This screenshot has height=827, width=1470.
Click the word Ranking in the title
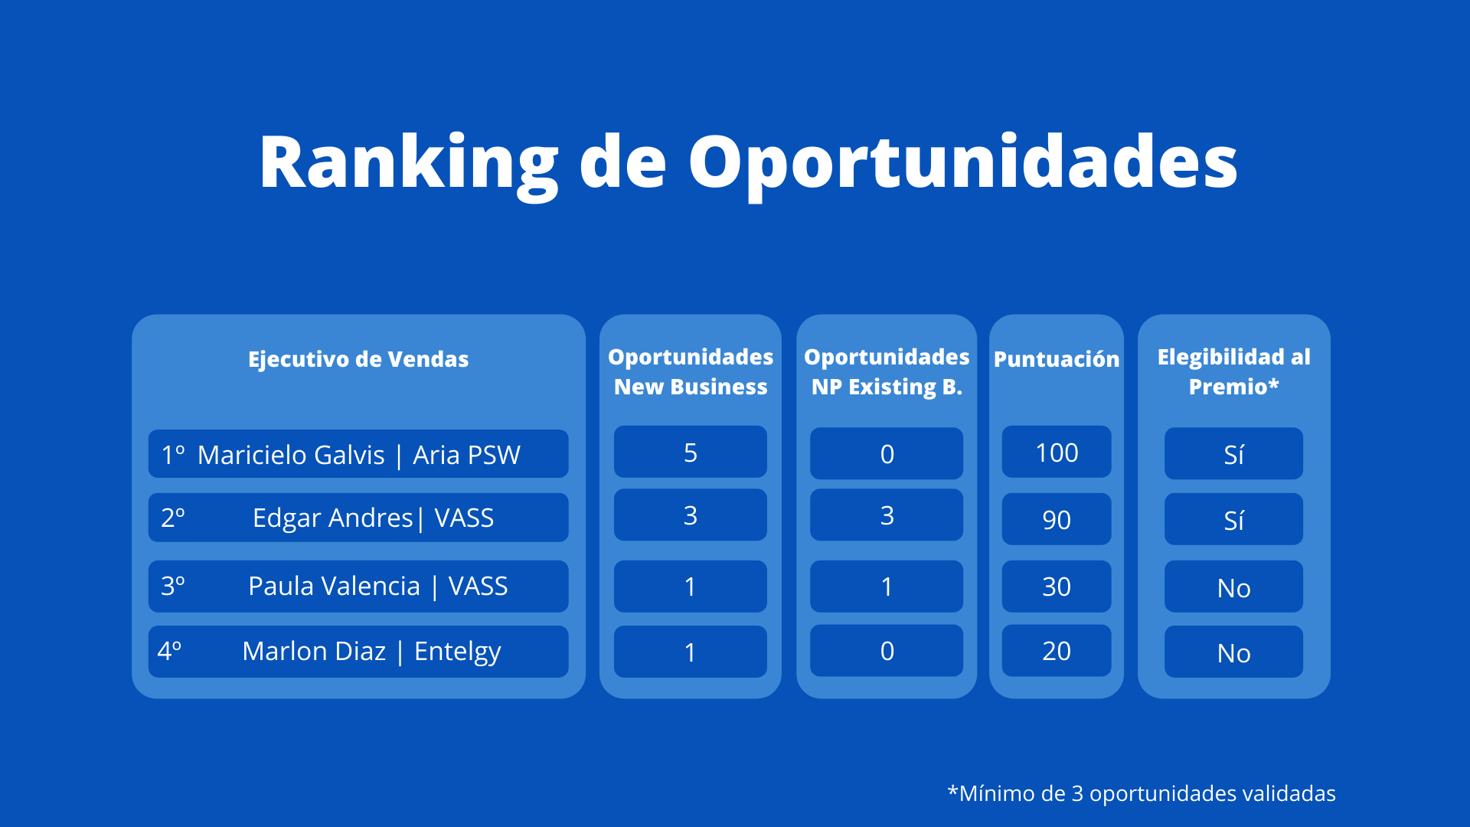pyautogui.click(x=409, y=163)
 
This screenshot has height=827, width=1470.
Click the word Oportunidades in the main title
pyautogui.click(x=963, y=163)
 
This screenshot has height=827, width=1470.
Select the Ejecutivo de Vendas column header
pyautogui.click(x=358, y=359)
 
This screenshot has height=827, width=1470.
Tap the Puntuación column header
pyautogui.click(x=1057, y=359)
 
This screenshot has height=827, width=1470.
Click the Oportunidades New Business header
pyautogui.click(x=691, y=371)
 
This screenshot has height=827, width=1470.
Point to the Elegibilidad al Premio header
pyautogui.click(x=1234, y=371)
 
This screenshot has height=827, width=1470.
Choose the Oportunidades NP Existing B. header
pyautogui.click(x=887, y=371)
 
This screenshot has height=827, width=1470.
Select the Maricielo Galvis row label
pyautogui.click(x=358, y=454)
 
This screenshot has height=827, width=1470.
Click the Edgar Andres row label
pyautogui.click(x=358, y=518)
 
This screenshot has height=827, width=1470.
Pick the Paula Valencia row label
pyautogui.click(x=358, y=586)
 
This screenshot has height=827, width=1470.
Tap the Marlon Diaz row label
pyautogui.click(x=358, y=651)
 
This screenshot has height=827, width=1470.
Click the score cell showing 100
pyautogui.click(x=1057, y=452)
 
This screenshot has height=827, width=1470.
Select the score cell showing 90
pyautogui.click(x=1057, y=519)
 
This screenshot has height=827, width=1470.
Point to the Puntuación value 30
pyautogui.click(x=1057, y=586)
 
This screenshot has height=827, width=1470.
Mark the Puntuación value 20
pyautogui.click(x=1057, y=650)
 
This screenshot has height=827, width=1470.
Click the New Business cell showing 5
pyautogui.click(x=691, y=452)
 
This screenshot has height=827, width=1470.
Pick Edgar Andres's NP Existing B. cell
pyautogui.click(x=887, y=515)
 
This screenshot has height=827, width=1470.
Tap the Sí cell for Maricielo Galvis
pyautogui.click(x=1234, y=453)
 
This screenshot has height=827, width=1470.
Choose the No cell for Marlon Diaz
pyautogui.click(x=1234, y=652)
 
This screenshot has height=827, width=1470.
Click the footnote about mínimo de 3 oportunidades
pyautogui.click(x=1142, y=793)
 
